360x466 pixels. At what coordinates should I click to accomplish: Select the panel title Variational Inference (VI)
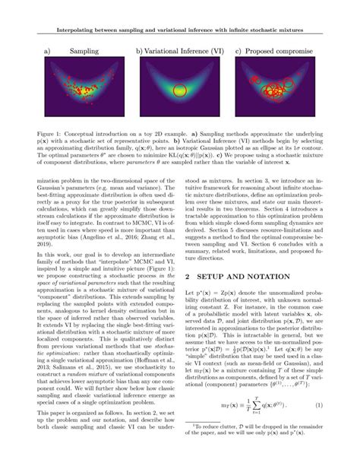tap(185, 52)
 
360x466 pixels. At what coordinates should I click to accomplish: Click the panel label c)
tap(238, 52)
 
